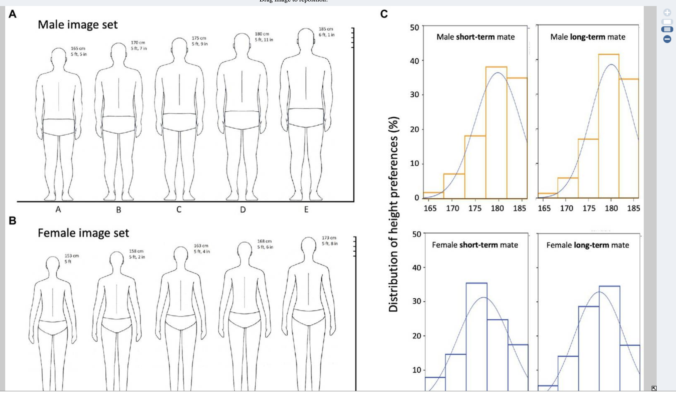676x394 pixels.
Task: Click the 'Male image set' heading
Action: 78,25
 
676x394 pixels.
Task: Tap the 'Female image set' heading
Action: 83,233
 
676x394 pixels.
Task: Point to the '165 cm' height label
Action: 78,48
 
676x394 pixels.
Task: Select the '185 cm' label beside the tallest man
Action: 326,29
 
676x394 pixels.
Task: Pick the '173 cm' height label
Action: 329,238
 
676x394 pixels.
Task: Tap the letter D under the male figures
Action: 243,210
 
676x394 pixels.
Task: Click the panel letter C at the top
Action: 384,14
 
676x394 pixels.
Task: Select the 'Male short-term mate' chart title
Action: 475,37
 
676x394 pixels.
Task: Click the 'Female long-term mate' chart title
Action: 587,245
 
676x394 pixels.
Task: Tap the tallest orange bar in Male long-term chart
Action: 609,126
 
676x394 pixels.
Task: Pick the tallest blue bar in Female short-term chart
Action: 476,335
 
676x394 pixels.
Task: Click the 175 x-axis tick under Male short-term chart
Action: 475,208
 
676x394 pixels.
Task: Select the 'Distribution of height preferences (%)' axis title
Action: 393,214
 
